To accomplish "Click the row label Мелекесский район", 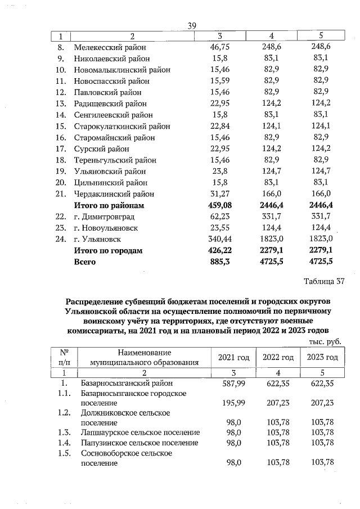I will tap(111, 47).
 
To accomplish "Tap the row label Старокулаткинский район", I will tap(121, 126).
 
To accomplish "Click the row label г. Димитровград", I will tap(106, 217).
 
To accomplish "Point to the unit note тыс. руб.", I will tap(325, 341).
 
